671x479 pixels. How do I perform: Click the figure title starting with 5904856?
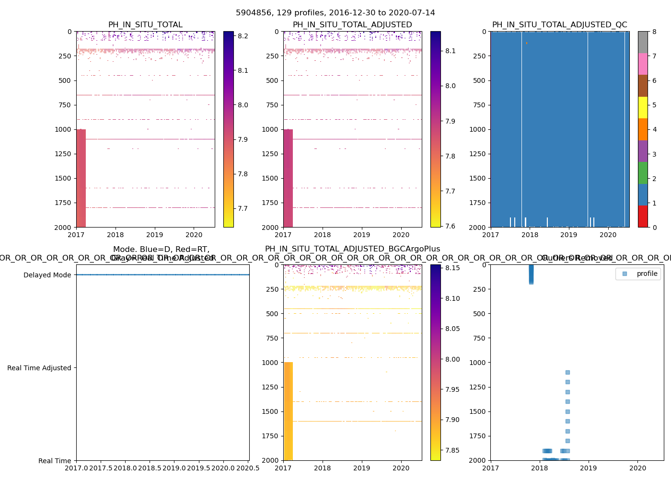coord(335,13)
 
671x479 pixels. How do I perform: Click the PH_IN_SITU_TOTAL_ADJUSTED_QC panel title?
coord(559,25)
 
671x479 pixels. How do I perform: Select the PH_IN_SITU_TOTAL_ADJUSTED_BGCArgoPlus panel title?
coord(352,249)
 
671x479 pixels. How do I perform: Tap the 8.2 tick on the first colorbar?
coord(243,36)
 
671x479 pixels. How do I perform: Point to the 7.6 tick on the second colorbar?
coord(450,226)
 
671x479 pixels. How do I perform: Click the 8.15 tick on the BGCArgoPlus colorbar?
coord(452,268)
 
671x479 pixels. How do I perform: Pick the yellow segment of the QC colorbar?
coord(643,107)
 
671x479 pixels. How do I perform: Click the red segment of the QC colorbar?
coord(643,216)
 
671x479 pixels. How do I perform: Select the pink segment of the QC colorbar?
coord(643,64)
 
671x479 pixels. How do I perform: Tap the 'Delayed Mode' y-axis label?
coord(47,275)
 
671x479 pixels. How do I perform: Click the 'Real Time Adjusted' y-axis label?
coord(39,368)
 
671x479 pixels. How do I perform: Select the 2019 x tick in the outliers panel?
coord(589,468)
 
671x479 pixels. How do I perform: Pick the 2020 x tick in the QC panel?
coord(608,235)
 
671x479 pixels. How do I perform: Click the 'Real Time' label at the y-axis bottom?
coord(55,461)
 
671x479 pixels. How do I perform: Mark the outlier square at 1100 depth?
coord(567,372)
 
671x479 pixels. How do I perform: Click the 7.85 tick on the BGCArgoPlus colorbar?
coord(452,450)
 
